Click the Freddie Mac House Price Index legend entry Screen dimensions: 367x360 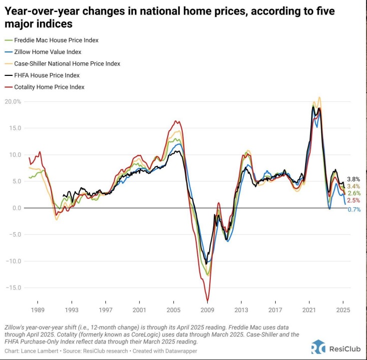pos(51,40)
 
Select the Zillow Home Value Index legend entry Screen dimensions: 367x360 pos(43,52)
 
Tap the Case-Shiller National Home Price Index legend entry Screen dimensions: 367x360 pos(62,64)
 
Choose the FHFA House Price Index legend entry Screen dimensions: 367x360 pos(42,75)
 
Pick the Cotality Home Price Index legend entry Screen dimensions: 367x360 pos(44,87)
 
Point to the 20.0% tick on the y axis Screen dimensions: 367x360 pos(12,101)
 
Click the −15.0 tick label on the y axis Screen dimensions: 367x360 pos(12,288)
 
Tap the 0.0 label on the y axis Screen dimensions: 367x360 pos(16,208)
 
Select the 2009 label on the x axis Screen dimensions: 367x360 pos(207,310)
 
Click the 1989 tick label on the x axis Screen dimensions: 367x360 pos(37,310)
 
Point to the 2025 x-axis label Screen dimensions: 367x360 pos(343,310)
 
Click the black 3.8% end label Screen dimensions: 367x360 pos(354,179)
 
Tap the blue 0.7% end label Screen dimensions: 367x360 pos(354,210)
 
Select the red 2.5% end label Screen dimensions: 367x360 pos(354,200)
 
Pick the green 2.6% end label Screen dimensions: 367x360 pos(354,193)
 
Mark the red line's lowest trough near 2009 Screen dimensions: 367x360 pos(207,301)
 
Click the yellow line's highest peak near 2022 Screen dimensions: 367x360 pos(320,97)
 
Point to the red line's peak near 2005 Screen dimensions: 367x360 pos(176,121)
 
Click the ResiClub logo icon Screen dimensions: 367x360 pos(319,347)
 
